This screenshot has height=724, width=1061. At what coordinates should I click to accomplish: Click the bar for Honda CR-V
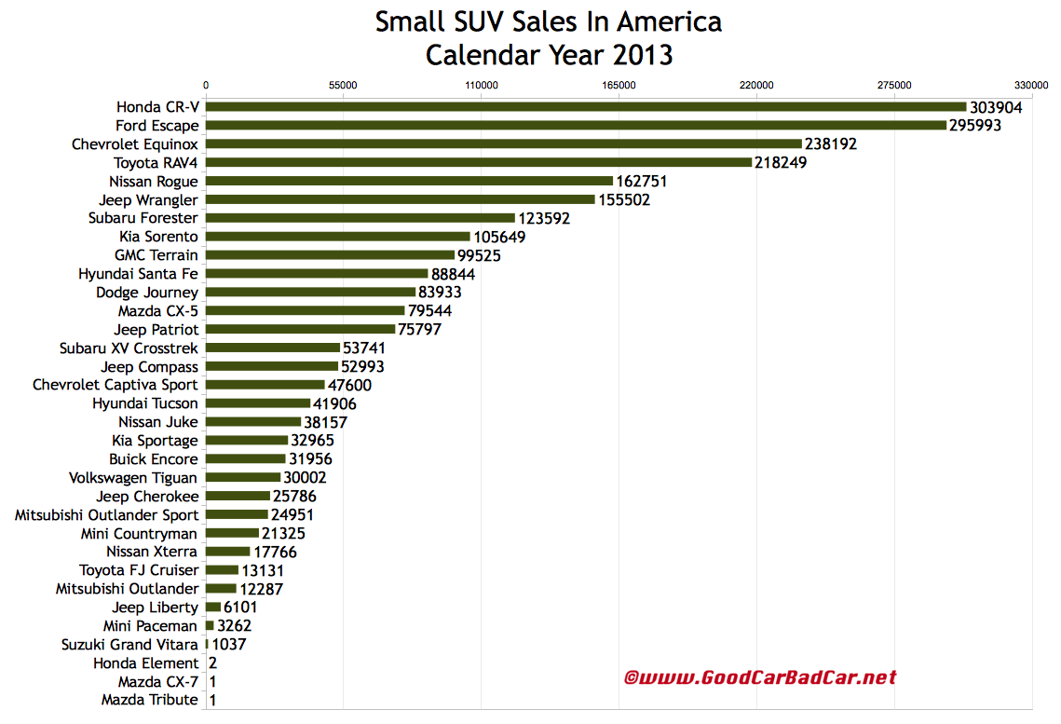coord(585,107)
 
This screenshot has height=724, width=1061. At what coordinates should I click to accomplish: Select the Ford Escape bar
coord(576,126)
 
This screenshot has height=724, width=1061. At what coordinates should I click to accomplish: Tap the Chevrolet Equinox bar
coord(503,144)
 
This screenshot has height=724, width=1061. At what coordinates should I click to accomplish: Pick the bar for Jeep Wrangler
coord(400,199)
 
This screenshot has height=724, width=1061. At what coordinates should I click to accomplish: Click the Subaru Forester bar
coord(360,218)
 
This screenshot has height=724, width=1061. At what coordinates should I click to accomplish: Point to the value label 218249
coord(781,163)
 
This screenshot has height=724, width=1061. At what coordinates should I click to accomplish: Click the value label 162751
coord(642,182)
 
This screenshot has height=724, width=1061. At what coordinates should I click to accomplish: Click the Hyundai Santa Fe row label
coord(139,274)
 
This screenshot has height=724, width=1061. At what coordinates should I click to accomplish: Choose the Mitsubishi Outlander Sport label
coord(106,514)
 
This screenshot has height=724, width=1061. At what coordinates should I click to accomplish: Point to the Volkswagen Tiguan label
coord(133,478)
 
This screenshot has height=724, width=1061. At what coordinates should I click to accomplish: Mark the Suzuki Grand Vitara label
coord(129,644)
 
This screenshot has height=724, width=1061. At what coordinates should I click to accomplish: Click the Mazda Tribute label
coord(149,700)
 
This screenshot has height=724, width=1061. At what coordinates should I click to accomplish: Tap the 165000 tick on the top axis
coord(619,85)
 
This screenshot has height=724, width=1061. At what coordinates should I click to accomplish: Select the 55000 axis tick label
coord(343,85)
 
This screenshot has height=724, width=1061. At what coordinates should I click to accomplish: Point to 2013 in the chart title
coord(643,55)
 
